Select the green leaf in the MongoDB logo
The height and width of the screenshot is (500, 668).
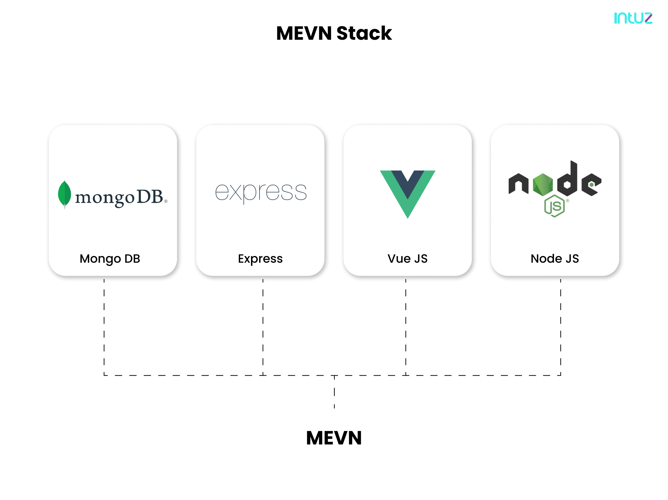64,194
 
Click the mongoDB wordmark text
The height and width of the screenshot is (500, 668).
120,197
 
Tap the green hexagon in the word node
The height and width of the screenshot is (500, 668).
543,184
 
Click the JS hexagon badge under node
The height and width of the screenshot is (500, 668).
554,206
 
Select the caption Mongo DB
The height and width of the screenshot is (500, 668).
110,259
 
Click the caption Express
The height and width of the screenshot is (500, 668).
260,259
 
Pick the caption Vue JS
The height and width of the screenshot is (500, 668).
407,259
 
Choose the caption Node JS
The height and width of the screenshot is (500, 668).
555,259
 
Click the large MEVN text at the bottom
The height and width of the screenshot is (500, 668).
334,438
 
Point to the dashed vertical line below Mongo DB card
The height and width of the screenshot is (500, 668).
104,326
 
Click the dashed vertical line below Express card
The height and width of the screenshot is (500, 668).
263,326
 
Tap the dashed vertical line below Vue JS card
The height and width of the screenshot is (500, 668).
406,326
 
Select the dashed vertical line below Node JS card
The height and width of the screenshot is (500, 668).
561,326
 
